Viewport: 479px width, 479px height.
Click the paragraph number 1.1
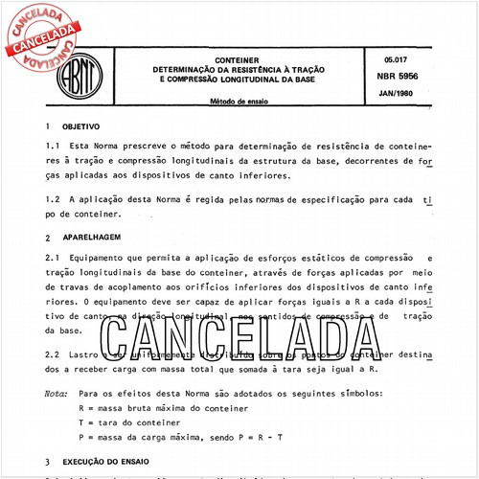(53, 145)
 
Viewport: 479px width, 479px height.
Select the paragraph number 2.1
(53, 258)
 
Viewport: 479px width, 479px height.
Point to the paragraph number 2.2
(53, 354)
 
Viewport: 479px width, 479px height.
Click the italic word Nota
(56, 393)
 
